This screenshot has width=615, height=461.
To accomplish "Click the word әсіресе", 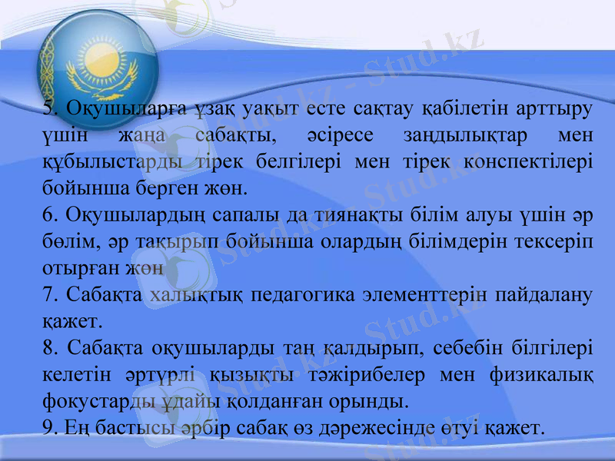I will click(339, 135).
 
